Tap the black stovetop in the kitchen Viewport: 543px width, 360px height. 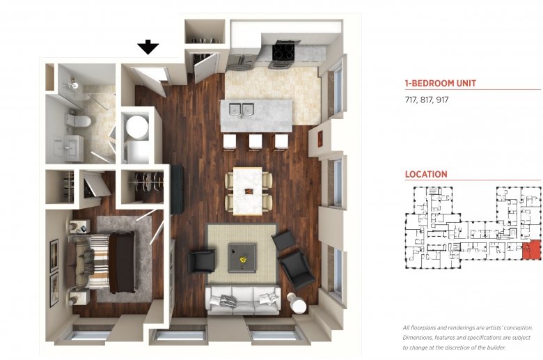(x=283, y=52)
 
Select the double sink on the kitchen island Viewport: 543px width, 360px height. (x=242, y=109)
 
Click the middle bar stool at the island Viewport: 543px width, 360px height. (x=255, y=142)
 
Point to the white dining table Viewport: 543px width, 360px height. (x=248, y=191)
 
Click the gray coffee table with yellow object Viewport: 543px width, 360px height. (x=242, y=258)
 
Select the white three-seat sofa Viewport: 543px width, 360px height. (x=243, y=299)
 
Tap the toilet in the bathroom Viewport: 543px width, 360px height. (x=78, y=121)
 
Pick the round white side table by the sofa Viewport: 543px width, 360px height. (x=297, y=304)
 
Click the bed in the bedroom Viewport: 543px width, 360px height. (x=101, y=263)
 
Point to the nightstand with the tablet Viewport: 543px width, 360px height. (x=80, y=227)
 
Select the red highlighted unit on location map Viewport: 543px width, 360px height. (x=531, y=249)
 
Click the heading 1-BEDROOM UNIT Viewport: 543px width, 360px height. (x=441, y=84)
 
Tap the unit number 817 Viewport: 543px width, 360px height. (x=427, y=100)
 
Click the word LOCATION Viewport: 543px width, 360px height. (x=426, y=174)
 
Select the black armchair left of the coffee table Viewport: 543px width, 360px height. (x=202, y=262)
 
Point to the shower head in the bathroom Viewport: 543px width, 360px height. (x=73, y=84)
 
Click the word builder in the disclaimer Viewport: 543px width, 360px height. (x=496, y=347)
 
